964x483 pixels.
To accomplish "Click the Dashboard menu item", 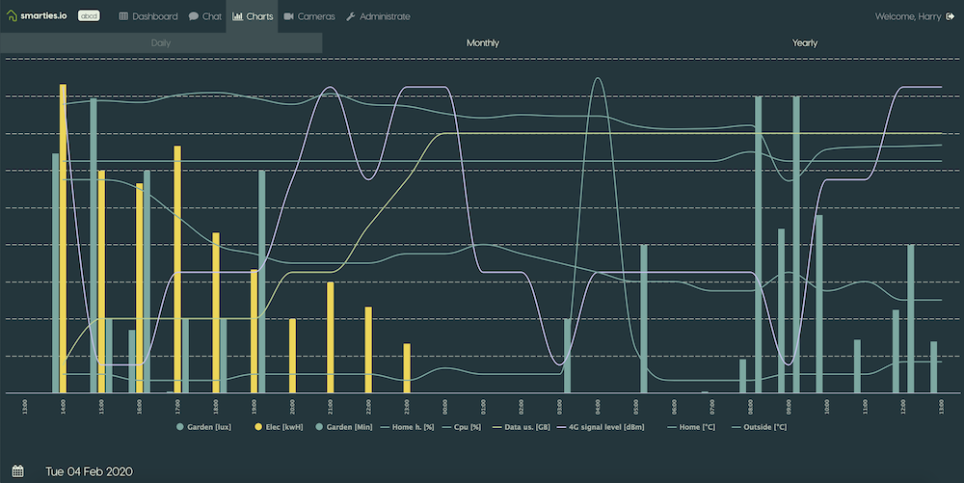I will pos(148,16).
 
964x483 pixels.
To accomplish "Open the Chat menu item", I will pos(204,16).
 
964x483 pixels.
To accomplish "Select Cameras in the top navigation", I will pos(309,16).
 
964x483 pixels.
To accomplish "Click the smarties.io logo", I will pos(40,16).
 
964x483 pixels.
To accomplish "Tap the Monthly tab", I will pos(483,43).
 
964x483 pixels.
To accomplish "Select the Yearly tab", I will pos(804,43).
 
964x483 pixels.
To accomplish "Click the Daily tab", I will pos(161,43).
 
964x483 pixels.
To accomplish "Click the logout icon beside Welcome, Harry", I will pos(950,16).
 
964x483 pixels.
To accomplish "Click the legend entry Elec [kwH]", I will pos(279,425).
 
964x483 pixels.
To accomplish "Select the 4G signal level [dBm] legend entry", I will pos(603,425).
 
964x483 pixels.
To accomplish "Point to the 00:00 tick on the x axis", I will pos(444,405).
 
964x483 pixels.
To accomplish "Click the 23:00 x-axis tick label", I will pos(407,405).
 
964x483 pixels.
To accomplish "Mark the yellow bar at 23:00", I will pos(407,368).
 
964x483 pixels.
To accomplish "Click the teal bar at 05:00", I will pos(644,319).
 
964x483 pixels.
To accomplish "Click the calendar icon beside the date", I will pos(17,471).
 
